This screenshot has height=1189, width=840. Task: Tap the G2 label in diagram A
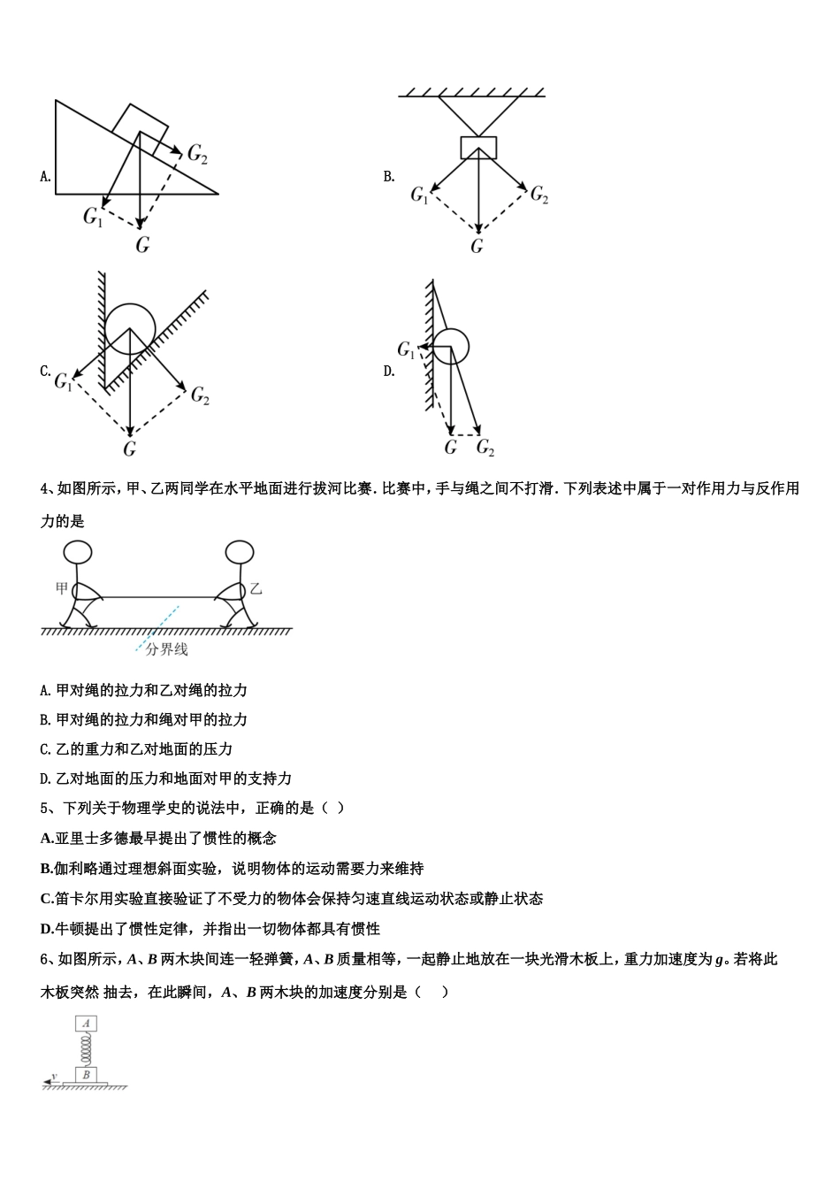[x=197, y=154]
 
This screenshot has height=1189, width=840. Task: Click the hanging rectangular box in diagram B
[x=478, y=148]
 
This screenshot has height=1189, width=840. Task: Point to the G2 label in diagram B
[x=538, y=195]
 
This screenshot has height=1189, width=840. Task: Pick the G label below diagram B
[x=477, y=246]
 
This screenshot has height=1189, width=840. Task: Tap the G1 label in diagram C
[x=64, y=382]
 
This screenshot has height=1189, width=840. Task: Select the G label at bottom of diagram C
[x=130, y=449]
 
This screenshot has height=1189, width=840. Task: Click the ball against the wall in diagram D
[x=451, y=346]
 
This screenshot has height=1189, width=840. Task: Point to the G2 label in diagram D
[x=485, y=448]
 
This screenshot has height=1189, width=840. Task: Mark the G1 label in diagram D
[x=406, y=350]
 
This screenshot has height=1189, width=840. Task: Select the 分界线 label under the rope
[x=166, y=649]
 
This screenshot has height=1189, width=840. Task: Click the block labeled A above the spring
[x=86, y=1024]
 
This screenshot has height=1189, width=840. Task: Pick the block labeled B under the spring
[x=86, y=1075]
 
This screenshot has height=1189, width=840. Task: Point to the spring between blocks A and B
[x=86, y=1049]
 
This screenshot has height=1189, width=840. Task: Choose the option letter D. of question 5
[x=48, y=929]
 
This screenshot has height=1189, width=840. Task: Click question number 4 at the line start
[x=45, y=488]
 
